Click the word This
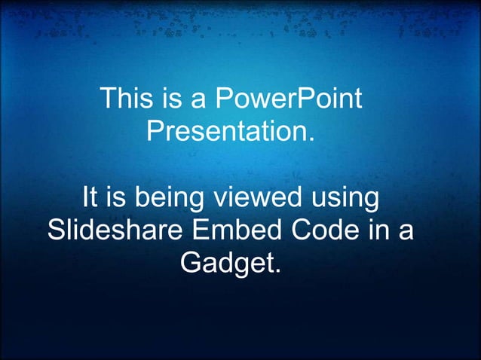pos(123,99)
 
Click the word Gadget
pos(226,264)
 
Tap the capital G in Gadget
pos(191,264)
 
